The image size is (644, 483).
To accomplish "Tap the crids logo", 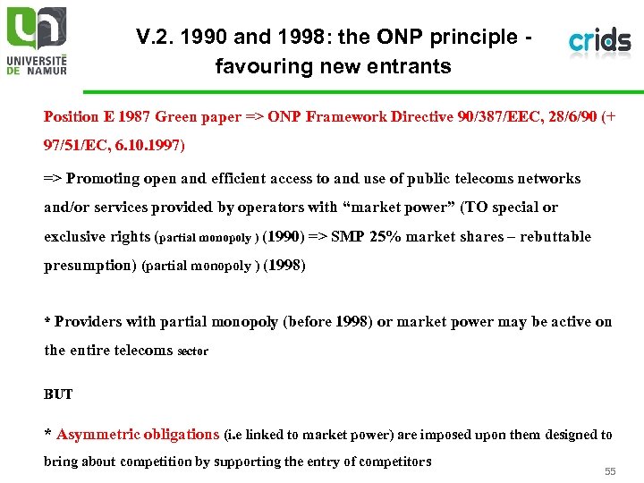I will (x=599, y=41).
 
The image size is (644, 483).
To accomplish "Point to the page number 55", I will (x=610, y=471).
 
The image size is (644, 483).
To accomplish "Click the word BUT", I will (x=58, y=394).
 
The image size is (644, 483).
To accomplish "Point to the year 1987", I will (x=133, y=116).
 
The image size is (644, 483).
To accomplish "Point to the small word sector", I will (x=193, y=352).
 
